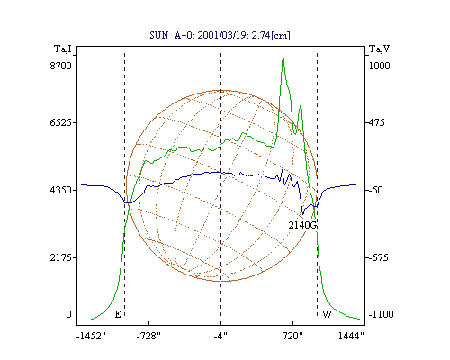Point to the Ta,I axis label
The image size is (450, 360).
tap(63, 49)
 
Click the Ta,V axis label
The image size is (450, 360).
tap(379, 49)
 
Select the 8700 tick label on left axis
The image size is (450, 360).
tap(60, 66)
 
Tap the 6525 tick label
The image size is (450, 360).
tap(60, 122)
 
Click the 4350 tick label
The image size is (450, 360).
tap(60, 190)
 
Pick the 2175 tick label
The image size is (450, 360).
tap(60, 257)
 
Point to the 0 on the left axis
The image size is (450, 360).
tap(68, 314)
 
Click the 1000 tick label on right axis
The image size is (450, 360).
tap(379, 66)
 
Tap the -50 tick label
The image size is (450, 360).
tap(374, 190)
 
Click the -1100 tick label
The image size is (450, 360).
tap(381, 314)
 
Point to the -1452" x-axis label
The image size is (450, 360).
tap(91, 337)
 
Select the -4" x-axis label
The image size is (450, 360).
tap(220, 337)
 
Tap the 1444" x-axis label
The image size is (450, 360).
tap(351, 337)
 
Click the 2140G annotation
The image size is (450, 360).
tap(302, 225)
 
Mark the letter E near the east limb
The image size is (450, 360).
tap(118, 314)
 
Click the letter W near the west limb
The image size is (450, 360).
tap(327, 314)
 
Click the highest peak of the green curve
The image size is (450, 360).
tap(283, 57)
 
